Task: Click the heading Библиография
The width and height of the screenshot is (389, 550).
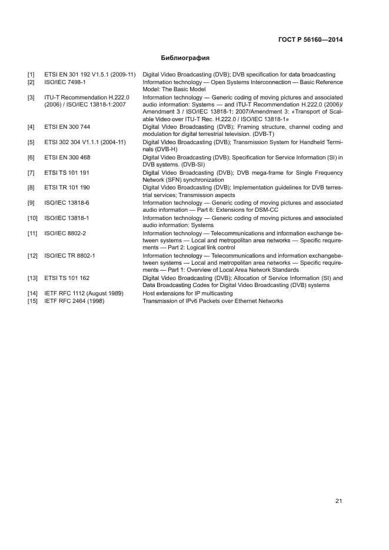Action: pos(185,58)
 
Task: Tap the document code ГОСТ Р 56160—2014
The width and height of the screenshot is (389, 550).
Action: pos(310,40)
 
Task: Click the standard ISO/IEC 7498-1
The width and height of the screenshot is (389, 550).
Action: pos(65,82)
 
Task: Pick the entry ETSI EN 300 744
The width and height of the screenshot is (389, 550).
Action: pos(67,127)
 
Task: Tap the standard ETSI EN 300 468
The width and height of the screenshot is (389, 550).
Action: pos(67,157)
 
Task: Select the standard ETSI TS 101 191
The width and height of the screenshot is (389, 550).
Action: pos(67,172)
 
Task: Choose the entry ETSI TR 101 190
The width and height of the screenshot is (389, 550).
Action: pos(67,188)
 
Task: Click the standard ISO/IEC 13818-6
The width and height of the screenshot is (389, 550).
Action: pos(67,203)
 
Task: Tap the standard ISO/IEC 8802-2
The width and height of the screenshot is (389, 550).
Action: pos(65,234)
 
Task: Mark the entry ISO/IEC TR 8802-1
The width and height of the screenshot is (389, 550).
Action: pos(69,256)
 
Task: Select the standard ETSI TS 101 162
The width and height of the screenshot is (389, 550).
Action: pos(67,278)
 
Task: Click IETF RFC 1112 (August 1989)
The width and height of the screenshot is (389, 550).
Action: pos(84,293)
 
